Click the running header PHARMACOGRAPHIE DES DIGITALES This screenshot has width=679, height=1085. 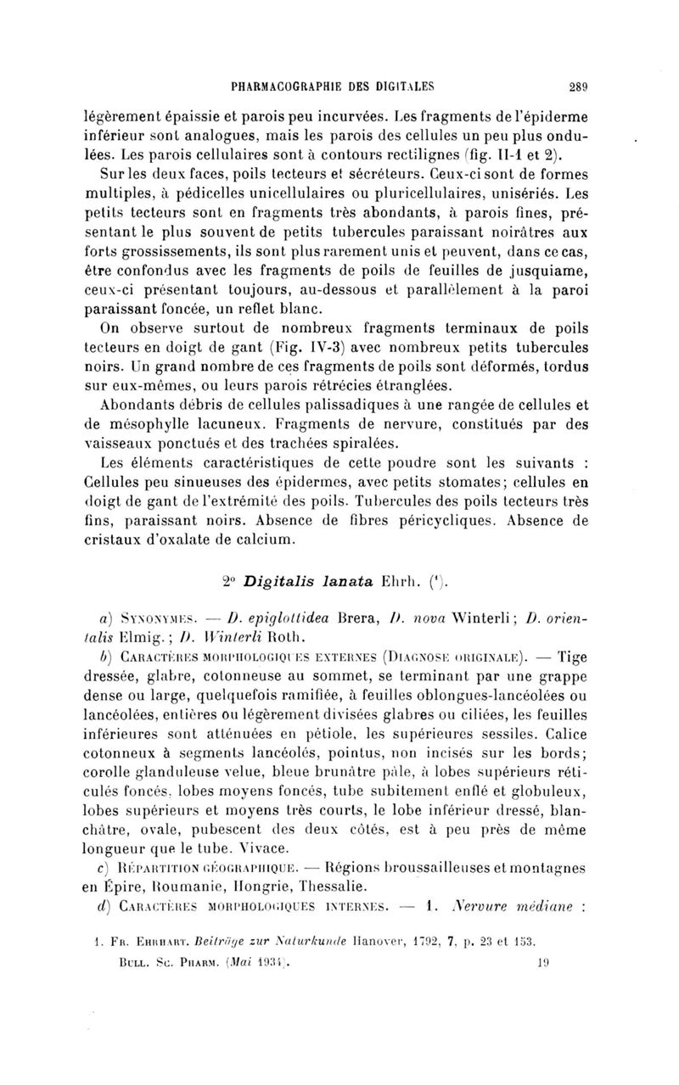pyautogui.click(x=326, y=84)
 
